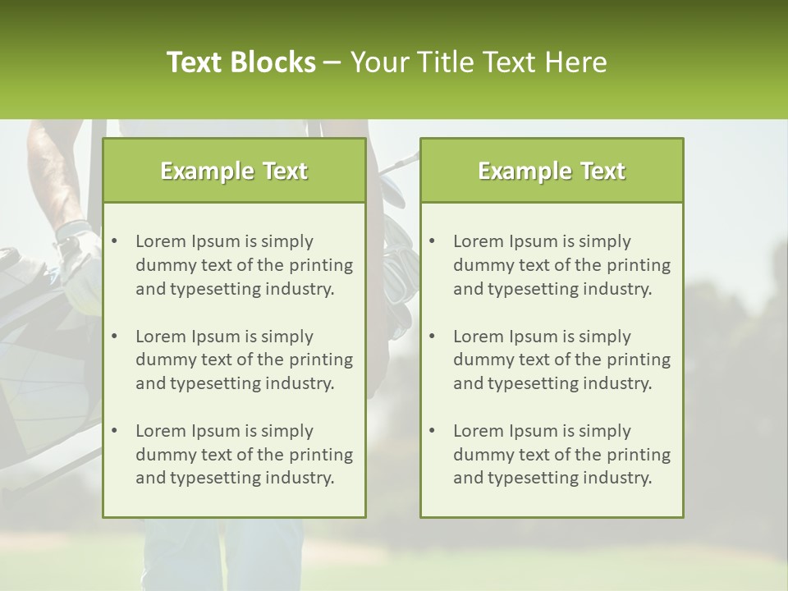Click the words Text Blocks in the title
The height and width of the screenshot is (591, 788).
coord(241,62)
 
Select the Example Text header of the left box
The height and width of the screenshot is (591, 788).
coord(234,171)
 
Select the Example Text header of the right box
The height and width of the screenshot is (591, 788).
coord(552,171)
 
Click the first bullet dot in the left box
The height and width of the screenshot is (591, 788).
coord(115,241)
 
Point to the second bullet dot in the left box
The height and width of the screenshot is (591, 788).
coord(115,337)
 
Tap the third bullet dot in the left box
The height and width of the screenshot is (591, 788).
coord(115,431)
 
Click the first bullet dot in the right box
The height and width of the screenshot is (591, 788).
coord(433,241)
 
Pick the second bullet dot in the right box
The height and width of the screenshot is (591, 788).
coord(433,337)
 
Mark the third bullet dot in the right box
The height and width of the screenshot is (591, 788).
coord(433,431)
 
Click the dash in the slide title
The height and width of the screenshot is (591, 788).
coord(332,62)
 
